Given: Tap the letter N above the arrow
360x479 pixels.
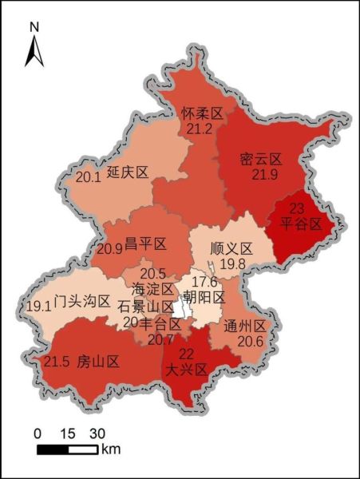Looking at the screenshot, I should coord(34,27).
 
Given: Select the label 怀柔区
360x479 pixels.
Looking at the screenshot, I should coord(200,112).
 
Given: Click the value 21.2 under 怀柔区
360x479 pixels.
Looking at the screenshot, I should coord(199,128).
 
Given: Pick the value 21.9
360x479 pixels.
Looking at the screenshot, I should coord(263,175).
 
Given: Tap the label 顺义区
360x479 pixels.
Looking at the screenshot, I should coord(231,249).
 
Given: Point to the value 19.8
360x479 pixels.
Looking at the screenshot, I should coord(233,264).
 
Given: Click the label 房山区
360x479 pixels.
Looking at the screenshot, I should coord(97,362).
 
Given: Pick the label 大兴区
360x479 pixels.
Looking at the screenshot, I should coord(185,370).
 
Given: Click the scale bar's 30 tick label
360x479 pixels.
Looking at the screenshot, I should coord(97,433).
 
